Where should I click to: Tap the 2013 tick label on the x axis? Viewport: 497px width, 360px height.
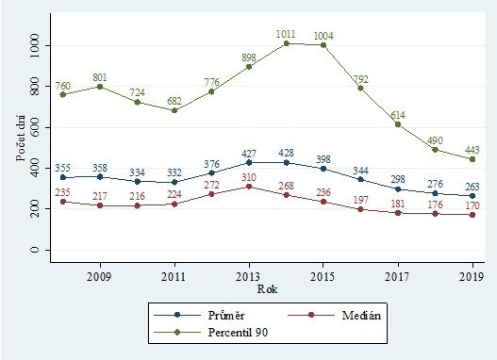pyautogui.click(x=248, y=278)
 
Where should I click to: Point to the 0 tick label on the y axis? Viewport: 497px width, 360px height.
pyautogui.click(x=35, y=250)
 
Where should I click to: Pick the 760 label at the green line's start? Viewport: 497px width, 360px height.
pyautogui.click(x=64, y=84)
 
